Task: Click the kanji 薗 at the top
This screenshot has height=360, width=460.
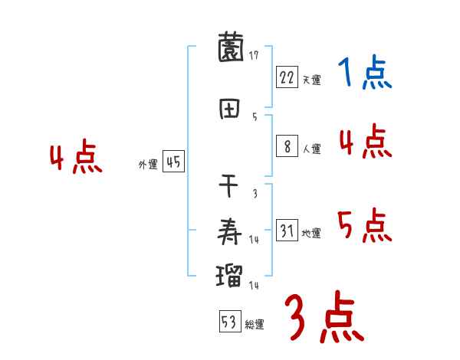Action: [x=230, y=50]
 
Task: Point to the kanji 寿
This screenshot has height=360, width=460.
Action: [x=230, y=230]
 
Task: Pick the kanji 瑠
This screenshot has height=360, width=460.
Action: [x=230, y=275]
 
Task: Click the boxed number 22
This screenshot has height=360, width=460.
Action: [x=287, y=77]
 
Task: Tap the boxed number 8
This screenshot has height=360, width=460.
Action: [x=287, y=146]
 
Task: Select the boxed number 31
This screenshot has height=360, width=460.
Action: [x=287, y=230]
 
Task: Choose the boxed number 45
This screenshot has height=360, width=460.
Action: [x=173, y=162]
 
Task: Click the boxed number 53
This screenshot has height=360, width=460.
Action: [x=228, y=322]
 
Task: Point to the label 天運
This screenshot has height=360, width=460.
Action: [x=311, y=80]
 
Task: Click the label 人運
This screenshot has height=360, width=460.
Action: [x=311, y=149]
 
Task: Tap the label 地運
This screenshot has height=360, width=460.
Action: [x=311, y=233]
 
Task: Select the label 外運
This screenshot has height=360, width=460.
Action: [x=148, y=165]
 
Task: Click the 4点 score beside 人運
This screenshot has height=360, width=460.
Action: [x=364, y=142]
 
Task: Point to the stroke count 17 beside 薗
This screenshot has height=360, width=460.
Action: [x=254, y=55]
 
